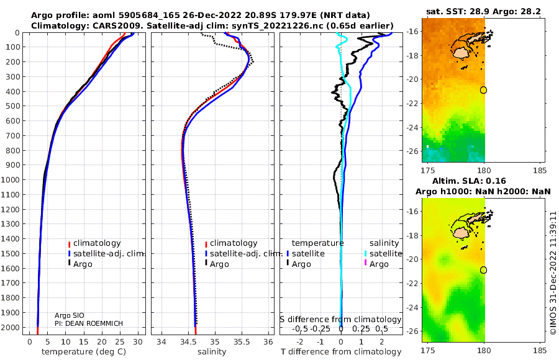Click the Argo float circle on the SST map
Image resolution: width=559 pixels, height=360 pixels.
[x=483, y=90]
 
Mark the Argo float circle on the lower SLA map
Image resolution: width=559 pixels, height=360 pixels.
[x=483, y=269]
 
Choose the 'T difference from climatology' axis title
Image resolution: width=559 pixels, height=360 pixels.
[x=340, y=352]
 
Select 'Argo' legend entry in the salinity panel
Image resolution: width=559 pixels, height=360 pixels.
[x=219, y=264]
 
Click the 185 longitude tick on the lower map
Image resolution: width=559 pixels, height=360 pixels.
[x=540, y=350]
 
